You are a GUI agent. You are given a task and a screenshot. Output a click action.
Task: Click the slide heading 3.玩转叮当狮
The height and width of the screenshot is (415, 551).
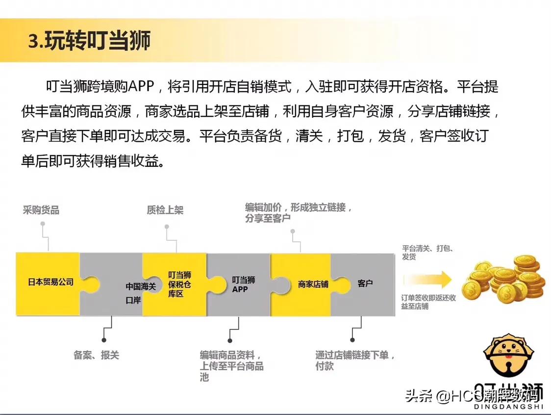coord(89,41)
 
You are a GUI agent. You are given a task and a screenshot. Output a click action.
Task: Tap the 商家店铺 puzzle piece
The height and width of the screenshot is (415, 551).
coord(313,284)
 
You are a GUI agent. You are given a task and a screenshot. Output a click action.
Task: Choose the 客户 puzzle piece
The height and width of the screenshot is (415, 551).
coord(365,284)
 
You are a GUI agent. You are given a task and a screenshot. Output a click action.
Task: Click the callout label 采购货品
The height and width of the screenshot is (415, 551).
coord(41,210)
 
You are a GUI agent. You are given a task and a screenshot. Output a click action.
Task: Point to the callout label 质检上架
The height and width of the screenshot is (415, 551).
coord(165,210)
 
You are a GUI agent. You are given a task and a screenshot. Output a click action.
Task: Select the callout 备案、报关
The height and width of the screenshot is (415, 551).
coord(97,355)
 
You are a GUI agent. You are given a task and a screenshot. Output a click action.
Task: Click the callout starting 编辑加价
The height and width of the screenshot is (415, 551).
coord(299,212)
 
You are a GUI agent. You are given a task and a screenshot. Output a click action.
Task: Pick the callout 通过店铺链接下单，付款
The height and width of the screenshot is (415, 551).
coord(355,360)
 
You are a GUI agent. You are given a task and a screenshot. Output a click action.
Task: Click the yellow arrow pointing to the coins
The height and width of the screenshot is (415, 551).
coord(427,280)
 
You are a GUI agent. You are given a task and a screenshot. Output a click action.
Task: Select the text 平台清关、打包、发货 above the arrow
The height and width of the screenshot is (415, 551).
coord(427,252)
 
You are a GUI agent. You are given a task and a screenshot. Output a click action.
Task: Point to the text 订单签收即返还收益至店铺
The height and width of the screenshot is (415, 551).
coord(428,302)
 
